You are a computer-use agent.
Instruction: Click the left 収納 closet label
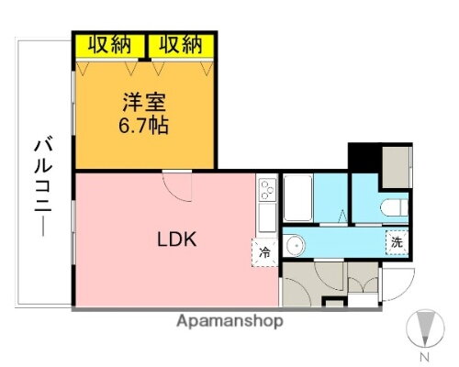click(x=109, y=43)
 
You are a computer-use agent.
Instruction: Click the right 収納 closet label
click(x=180, y=43)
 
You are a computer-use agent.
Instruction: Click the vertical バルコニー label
click(x=44, y=183)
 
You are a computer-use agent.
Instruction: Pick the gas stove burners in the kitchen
click(x=266, y=192)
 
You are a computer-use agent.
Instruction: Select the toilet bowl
click(x=390, y=205)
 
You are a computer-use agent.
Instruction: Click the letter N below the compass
click(x=424, y=355)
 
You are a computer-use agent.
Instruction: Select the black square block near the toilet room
click(x=364, y=155)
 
